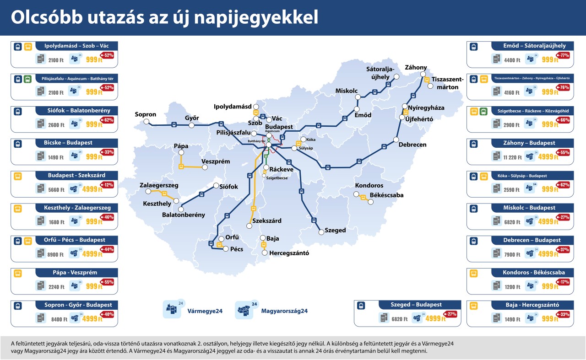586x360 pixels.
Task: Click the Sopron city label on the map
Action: pyautogui.click(x=145, y=114)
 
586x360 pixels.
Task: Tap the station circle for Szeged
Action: pyautogui.click(x=320, y=230)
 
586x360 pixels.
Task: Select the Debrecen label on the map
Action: pyautogui.click(x=412, y=145)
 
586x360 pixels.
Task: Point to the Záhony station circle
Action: pyautogui.click(x=423, y=74)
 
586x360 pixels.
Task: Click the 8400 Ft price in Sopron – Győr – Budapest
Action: pyautogui.click(x=59, y=320)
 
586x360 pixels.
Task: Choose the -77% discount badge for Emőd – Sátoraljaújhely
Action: pyautogui.click(x=563, y=56)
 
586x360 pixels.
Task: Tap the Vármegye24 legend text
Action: pyautogui.click(x=205, y=311)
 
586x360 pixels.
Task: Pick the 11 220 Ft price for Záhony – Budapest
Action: pyautogui.click(x=512, y=157)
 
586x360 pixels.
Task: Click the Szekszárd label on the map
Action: pyautogui.click(x=266, y=221)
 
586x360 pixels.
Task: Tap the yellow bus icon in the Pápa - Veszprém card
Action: pyautogui.click(x=18, y=274)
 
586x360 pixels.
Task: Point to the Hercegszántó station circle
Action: pyautogui.click(x=265, y=253)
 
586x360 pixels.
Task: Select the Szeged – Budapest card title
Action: pyautogui.click(x=416, y=305)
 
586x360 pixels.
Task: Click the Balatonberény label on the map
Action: pyautogui.click(x=184, y=215)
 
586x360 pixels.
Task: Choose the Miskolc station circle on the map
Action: pyautogui.click(x=358, y=97)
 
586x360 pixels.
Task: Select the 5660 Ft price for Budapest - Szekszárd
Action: pyautogui.click(x=59, y=190)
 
